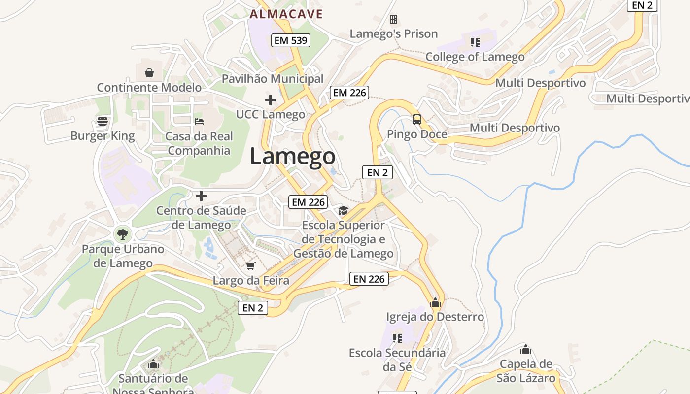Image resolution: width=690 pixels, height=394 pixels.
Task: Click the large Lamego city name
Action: point(292,157)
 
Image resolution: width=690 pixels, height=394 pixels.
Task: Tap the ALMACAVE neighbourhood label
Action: point(286,14)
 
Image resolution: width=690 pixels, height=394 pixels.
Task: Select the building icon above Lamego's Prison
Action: point(394,19)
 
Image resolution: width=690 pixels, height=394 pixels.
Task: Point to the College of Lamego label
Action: point(475,57)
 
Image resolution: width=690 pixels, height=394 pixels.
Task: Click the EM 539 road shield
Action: point(291,40)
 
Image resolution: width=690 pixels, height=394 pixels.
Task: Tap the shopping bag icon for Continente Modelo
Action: point(149,73)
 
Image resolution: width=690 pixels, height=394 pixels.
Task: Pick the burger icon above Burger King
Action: point(103,121)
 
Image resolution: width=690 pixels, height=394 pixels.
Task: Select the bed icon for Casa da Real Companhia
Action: point(199,121)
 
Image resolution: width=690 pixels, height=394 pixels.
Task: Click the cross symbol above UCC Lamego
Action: point(271,100)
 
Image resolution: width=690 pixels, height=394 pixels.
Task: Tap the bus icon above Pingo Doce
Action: point(417,119)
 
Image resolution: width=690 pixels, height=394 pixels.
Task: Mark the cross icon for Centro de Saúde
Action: point(201,196)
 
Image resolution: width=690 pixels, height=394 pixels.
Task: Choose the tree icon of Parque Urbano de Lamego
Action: point(123,233)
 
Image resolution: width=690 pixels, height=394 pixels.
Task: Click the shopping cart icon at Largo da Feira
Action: point(251,266)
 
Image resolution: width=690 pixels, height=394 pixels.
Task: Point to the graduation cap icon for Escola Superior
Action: point(343,211)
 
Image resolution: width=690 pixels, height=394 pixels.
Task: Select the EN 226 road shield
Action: point(369,279)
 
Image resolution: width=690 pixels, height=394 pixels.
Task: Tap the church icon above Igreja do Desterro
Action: point(435,302)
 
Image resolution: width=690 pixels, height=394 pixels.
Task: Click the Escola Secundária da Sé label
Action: point(397,360)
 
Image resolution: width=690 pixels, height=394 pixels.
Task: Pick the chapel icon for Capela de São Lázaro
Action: point(526,350)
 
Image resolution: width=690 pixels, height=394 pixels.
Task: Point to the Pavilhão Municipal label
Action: point(272,79)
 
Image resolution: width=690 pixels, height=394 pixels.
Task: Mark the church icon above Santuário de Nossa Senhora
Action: point(153,364)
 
